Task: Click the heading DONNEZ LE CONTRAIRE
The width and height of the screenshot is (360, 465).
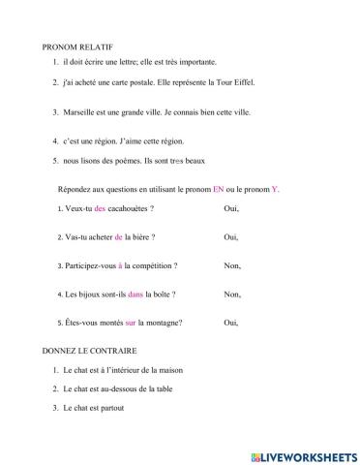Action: [89, 350]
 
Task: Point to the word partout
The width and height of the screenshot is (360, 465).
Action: [112, 407]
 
